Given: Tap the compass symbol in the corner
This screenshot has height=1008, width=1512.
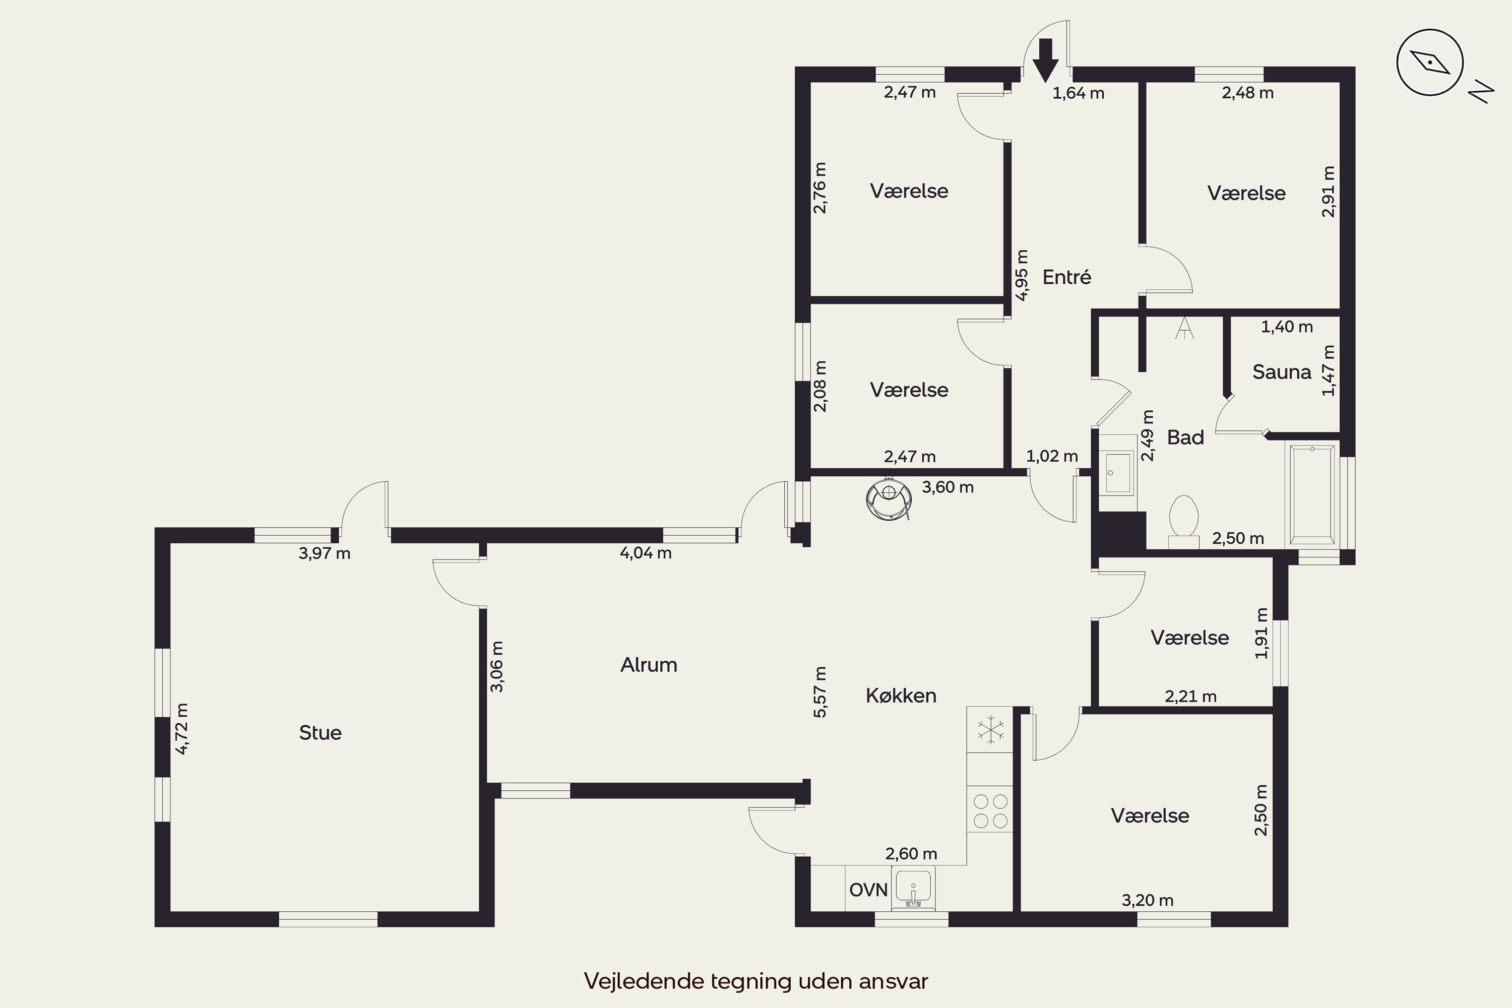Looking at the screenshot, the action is (1430, 62).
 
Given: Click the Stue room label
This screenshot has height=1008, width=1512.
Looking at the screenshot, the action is (320, 733).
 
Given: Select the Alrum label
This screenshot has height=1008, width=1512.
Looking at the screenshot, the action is (649, 665).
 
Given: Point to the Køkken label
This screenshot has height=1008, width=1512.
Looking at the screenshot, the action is (901, 696).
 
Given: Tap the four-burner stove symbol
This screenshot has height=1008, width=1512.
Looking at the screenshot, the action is (990, 810).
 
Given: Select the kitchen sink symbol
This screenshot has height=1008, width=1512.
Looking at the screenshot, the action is (913, 889).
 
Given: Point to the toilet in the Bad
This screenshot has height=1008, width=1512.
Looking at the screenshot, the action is (1183, 521).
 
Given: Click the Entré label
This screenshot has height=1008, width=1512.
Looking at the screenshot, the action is (1066, 278).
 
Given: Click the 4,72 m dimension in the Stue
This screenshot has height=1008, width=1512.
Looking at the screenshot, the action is (182, 728).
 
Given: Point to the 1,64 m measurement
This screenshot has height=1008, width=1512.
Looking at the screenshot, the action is (1078, 93).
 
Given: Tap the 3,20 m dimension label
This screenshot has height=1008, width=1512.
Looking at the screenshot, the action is (1148, 901).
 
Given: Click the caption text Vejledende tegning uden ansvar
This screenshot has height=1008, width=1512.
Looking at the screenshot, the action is (756, 981).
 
